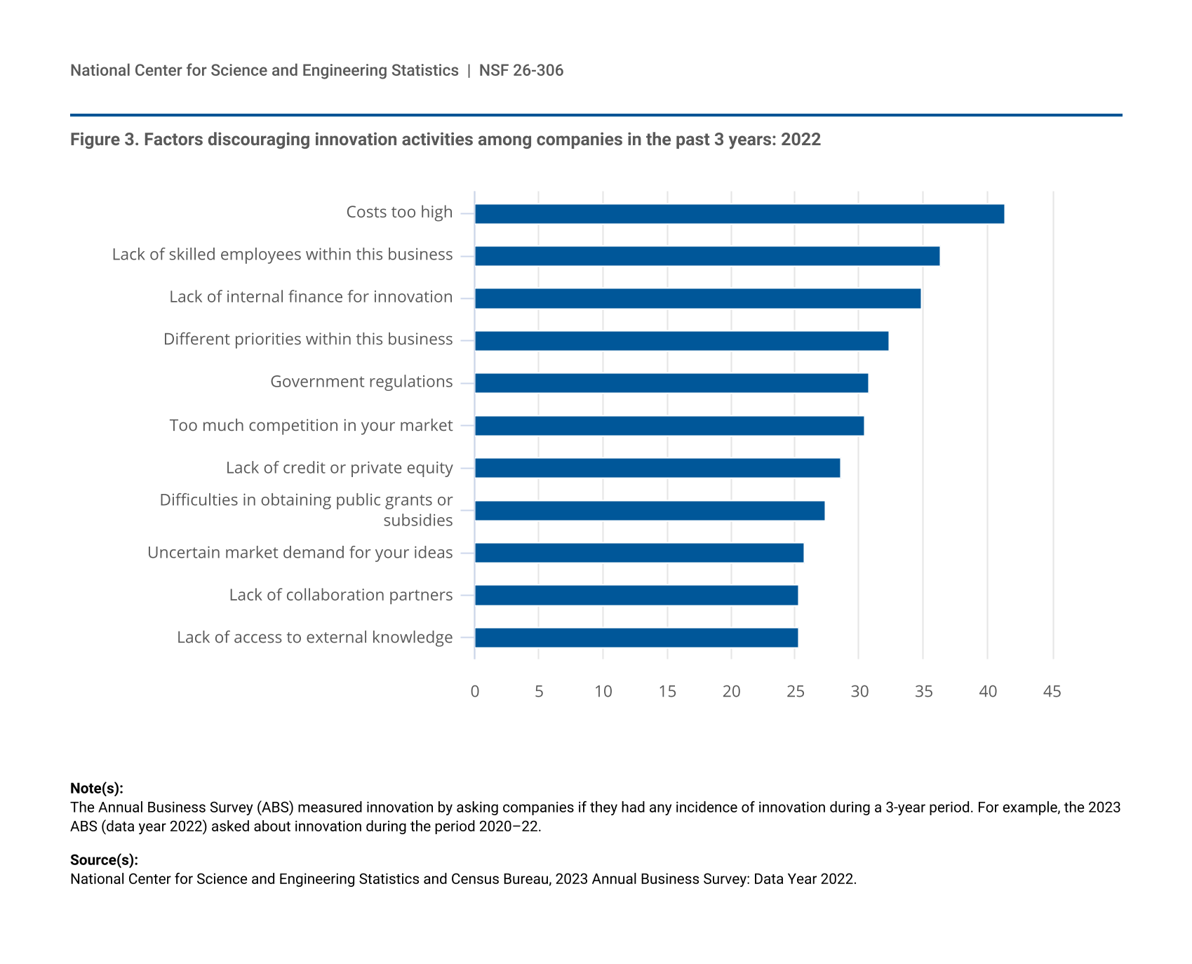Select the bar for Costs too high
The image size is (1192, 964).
pos(739,214)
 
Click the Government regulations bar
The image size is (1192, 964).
pos(671,383)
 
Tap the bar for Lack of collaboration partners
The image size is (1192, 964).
pos(636,595)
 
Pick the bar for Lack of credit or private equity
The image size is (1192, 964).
pos(657,468)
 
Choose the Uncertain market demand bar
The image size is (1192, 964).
pos(638,553)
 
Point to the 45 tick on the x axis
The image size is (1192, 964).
pos(1052,692)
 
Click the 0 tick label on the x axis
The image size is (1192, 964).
pos(475,692)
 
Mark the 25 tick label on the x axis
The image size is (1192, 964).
pos(795,692)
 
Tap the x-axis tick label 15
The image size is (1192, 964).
pos(667,692)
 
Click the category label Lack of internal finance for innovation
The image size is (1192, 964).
pos(311,297)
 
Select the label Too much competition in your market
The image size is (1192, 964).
pos(311,425)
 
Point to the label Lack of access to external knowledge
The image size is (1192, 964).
pos(314,637)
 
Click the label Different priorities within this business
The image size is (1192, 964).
pos(308,340)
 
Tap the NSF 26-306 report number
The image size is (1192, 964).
pos(521,70)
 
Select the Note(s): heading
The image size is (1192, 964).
pos(97,788)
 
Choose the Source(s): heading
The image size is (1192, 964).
pos(104,860)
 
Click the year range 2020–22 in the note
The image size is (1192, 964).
pos(509,826)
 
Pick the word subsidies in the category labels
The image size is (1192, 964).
pos(417,521)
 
